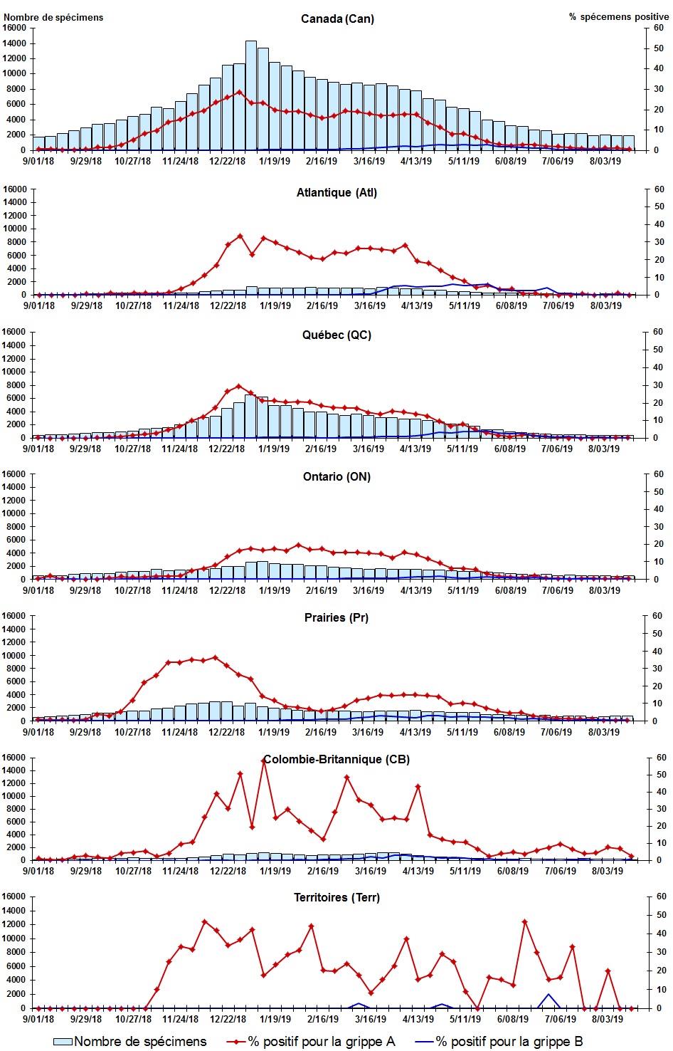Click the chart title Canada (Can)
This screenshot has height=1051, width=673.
pos(337,19)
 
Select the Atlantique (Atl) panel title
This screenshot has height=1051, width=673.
pos(336,192)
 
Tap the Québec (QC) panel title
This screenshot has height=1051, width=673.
pos(336,335)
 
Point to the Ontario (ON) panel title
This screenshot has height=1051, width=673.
pos(336,476)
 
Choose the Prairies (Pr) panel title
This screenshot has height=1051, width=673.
pos(336,617)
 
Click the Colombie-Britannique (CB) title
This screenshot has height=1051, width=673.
pos(336,759)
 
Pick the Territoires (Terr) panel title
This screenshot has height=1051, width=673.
pos(336,897)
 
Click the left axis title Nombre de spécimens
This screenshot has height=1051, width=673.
pos(53,17)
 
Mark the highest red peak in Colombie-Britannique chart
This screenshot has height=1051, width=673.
pos(264,760)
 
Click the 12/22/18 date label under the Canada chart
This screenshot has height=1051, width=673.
pos(228,161)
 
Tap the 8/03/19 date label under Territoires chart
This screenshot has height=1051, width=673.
pos(605,1019)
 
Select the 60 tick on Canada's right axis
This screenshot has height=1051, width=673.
pos(659,28)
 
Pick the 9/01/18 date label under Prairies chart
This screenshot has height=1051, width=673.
pos(38,732)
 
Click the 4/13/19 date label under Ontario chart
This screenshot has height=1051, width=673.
pos(415,590)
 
